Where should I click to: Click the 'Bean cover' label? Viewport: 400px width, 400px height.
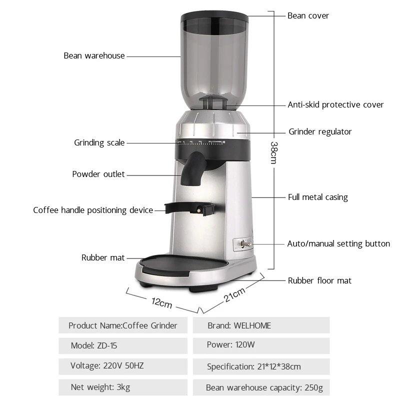308,15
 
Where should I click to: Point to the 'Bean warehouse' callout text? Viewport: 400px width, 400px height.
94,55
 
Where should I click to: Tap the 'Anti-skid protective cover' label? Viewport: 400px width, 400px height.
335,104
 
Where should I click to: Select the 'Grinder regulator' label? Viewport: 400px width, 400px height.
320,131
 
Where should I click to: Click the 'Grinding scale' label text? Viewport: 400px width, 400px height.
99,142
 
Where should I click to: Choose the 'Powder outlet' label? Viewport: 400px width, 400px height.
98,174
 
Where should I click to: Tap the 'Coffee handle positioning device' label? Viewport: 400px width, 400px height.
93,210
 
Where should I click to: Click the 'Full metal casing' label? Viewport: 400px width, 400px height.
317,197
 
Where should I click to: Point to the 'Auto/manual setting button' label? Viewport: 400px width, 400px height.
338,243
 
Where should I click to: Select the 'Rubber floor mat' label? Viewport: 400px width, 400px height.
319,280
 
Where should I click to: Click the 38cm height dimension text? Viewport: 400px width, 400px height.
274,152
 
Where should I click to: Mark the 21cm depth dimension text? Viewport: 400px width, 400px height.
234,295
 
